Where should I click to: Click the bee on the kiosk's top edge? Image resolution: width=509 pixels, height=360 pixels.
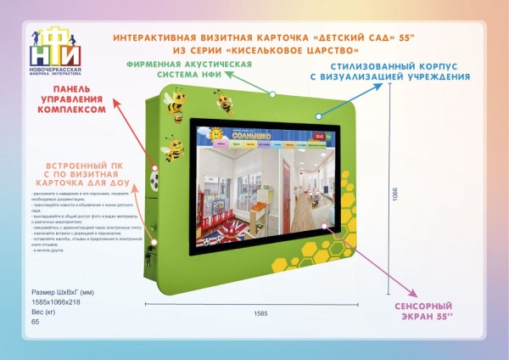coord(226,103)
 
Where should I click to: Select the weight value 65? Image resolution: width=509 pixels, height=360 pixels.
coord(35,322)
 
